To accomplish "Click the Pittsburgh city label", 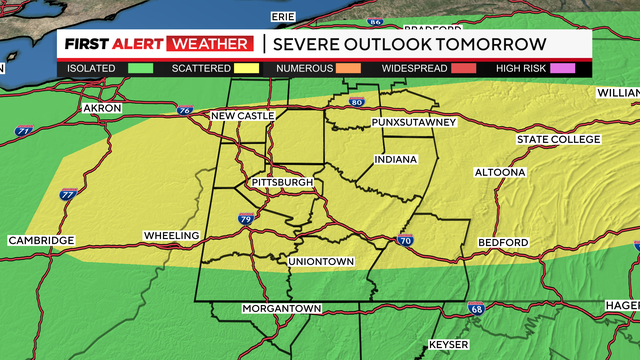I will click(x=283, y=183).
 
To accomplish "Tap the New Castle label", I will click(x=242, y=117).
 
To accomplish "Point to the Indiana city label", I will click(x=396, y=160).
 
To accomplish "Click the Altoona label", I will click(x=500, y=172).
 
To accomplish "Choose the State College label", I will click(x=556, y=139).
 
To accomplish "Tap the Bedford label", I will click(x=503, y=243).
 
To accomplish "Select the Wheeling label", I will click(x=173, y=236).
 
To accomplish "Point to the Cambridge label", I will click(x=41, y=241).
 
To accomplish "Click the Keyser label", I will click(x=445, y=345).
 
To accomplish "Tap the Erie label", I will click(x=284, y=17).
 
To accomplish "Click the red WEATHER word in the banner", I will click(x=211, y=44).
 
